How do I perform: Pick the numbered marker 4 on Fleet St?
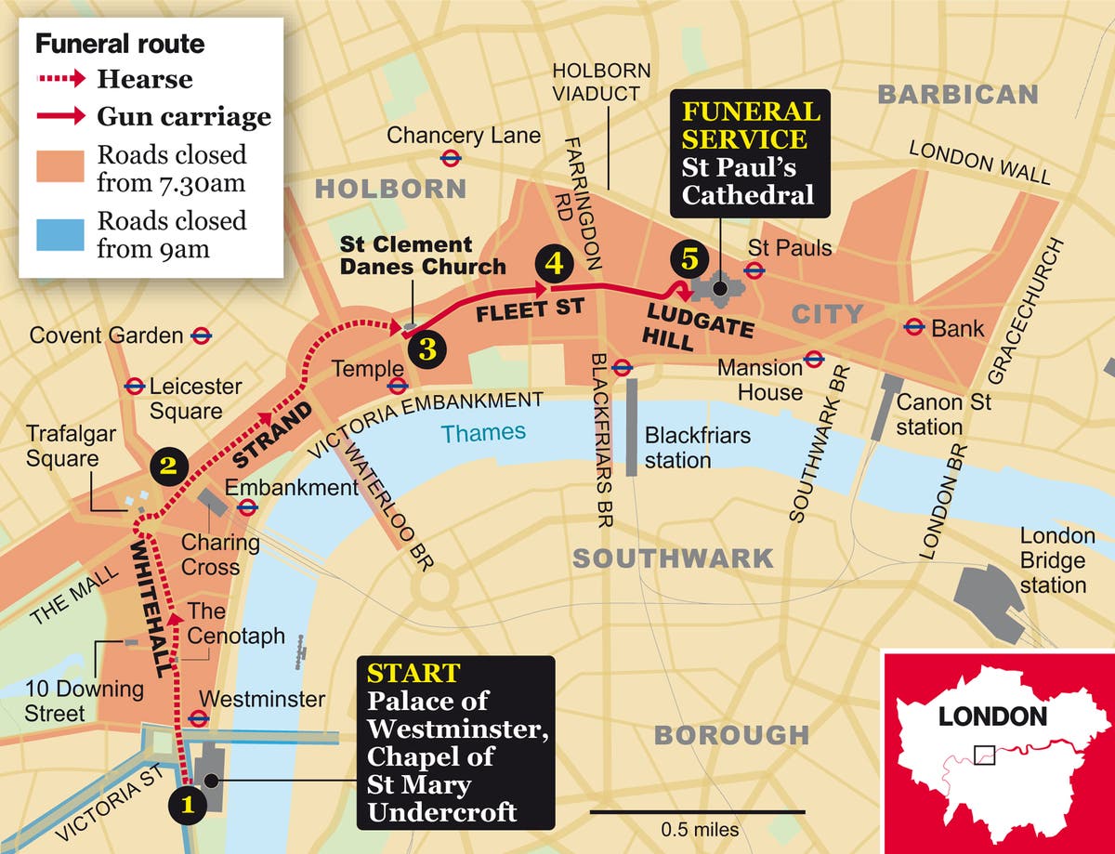click(x=554, y=263)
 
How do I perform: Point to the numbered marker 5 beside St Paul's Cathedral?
click(x=689, y=259)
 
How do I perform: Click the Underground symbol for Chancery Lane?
click(x=452, y=157)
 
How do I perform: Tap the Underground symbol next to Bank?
click(x=914, y=326)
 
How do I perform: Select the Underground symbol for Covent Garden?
click(x=199, y=335)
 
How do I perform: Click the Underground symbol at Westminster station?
click(x=197, y=717)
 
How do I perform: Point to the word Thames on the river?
click(x=483, y=432)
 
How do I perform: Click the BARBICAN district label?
click(x=957, y=94)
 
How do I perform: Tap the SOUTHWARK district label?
click(x=672, y=558)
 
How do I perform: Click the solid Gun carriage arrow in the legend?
click(x=60, y=116)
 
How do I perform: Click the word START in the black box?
click(x=413, y=673)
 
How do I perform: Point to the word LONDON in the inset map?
click(x=991, y=716)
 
